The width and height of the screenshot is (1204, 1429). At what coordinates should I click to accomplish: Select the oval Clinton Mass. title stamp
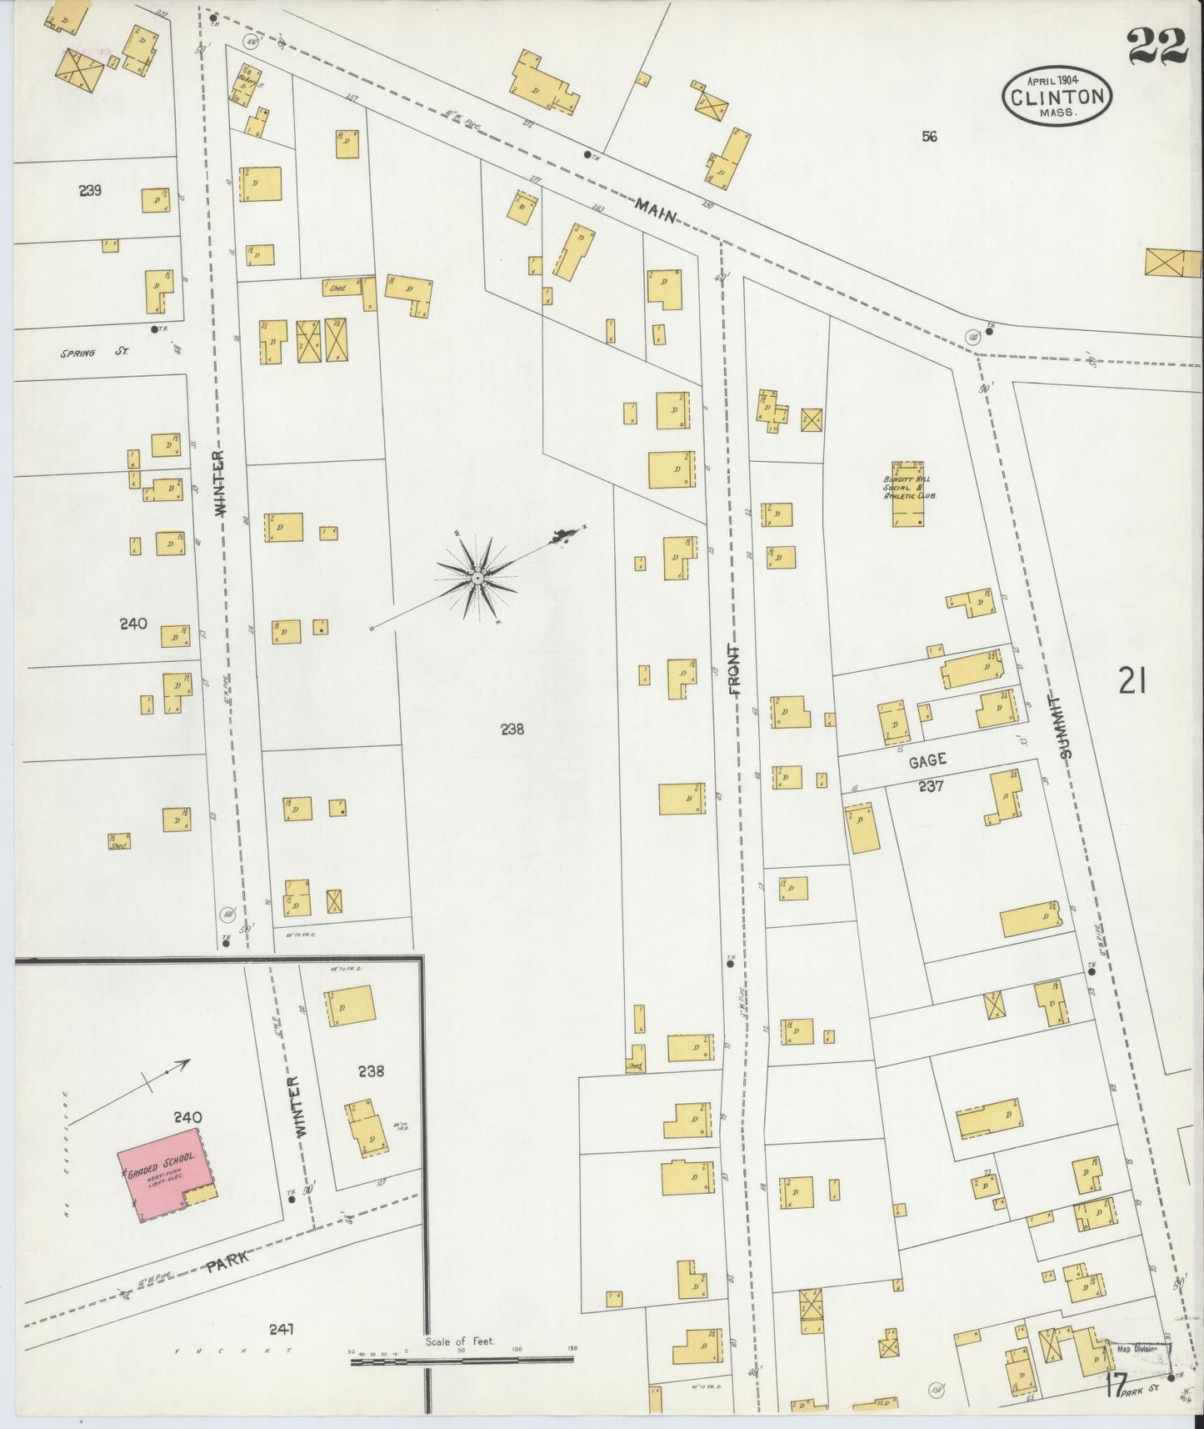pyautogui.click(x=1057, y=96)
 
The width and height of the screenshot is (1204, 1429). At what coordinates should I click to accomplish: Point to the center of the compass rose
pyautogui.click(x=477, y=579)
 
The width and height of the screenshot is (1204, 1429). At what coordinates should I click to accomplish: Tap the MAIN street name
pyautogui.click(x=656, y=211)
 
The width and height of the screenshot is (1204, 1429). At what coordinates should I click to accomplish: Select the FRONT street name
pyautogui.click(x=733, y=670)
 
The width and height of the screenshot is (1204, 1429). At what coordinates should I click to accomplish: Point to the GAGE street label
pyautogui.click(x=927, y=760)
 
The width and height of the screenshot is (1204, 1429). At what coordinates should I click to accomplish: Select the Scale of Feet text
pyautogui.click(x=460, y=1341)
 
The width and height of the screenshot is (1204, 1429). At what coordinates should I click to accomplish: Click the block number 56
pyautogui.click(x=929, y=136)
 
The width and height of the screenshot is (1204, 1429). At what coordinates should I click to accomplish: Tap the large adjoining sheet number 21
pyautogui.click(x=1132, y=683)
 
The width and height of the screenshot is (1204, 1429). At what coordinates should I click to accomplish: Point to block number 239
pyautogui.click(x=90, y=190)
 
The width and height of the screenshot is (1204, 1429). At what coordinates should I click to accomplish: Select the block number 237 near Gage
pyautogui.click(x=930, y=785)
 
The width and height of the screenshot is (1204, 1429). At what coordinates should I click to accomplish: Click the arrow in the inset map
pyautogui.click(x=167, y=1073)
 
